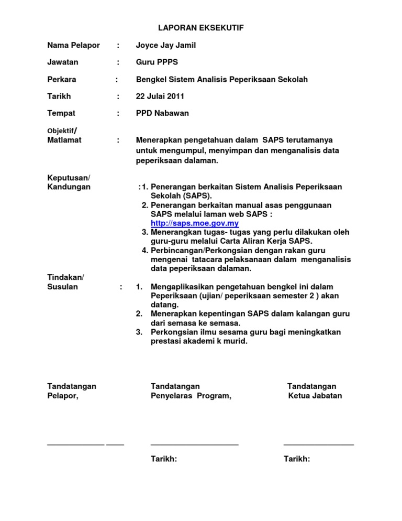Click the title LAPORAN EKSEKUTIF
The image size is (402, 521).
(201, 28)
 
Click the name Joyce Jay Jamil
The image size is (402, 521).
(166, 45)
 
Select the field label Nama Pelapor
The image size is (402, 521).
(73, 45)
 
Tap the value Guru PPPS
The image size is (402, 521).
(157, 62)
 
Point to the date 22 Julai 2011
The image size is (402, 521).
(160, 96)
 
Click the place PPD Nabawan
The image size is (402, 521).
(163, 113)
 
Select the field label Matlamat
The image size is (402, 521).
(64, 140)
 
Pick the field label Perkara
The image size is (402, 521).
(62, 79)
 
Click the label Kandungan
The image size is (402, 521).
(69, 187)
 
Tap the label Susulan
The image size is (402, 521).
(62, 287)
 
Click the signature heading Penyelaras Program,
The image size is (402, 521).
(191, 396)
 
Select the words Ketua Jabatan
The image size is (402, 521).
(315, 396)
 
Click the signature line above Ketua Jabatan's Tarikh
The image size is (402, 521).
(319, 444)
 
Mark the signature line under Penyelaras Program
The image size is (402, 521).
(194, 444)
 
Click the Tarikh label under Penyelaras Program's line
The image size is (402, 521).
(164, 459)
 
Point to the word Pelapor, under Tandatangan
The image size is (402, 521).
(63, 396)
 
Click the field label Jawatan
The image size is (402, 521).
(63, 62)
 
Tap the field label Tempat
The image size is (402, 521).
(61, 113)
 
